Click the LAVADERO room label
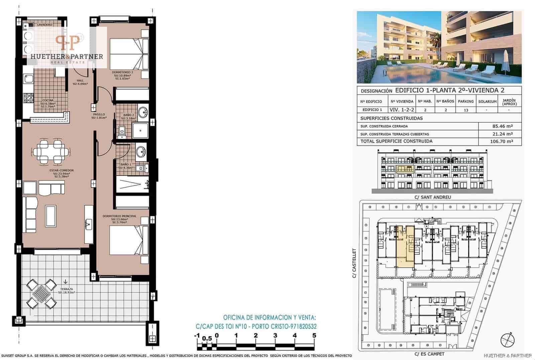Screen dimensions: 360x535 (44, 25)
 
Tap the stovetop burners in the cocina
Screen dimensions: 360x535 (28, 98)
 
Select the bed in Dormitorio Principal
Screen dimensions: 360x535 (129, 240)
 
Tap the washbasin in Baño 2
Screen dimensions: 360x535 (143, 112)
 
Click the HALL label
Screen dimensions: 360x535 (80, 81)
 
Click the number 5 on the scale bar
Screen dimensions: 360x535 (314, 336)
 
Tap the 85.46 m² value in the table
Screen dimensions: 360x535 (502, 126)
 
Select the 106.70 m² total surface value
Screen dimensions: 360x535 (502, 141)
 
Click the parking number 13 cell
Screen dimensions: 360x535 (466, 110)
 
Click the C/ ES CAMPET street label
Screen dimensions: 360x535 (429, 354)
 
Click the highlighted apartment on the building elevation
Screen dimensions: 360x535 (405, 168)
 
